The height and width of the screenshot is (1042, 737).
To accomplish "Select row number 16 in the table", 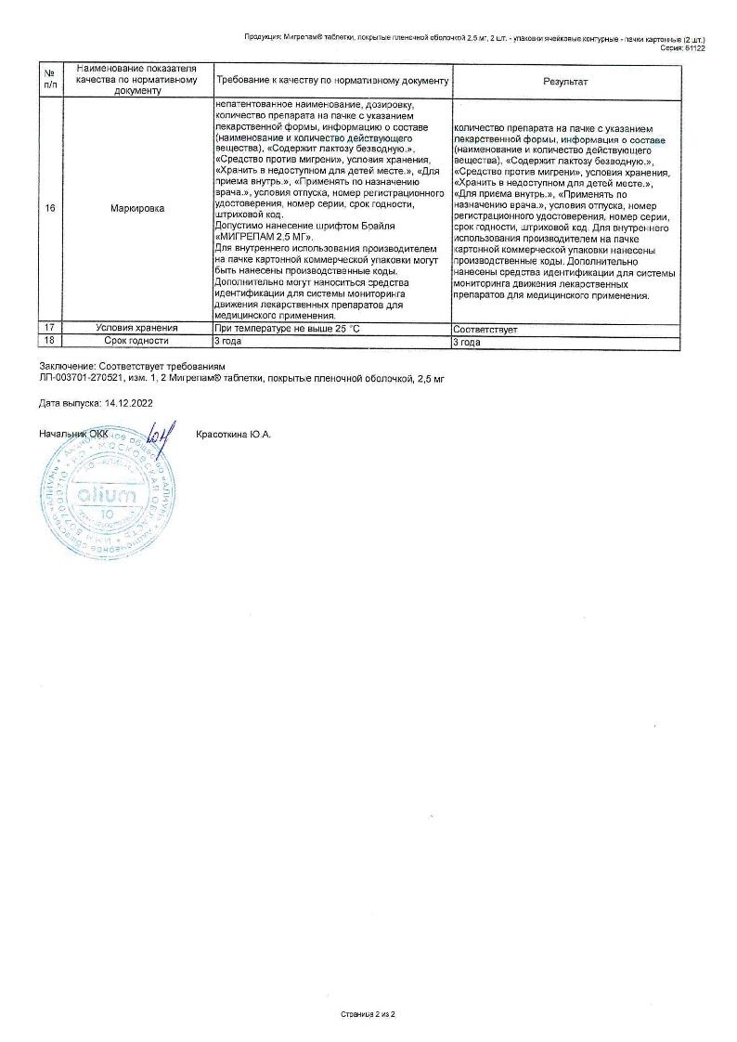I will pyautogui.click(x=50, y=209).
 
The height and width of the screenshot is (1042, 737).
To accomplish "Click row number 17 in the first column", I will pyautogui.click(x=50, y=329).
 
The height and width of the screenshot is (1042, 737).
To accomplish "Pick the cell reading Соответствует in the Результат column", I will pyautogui.click(x=485, y=329).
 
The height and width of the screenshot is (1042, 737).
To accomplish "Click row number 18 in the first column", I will pyautogui.click(x=50, y=342).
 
